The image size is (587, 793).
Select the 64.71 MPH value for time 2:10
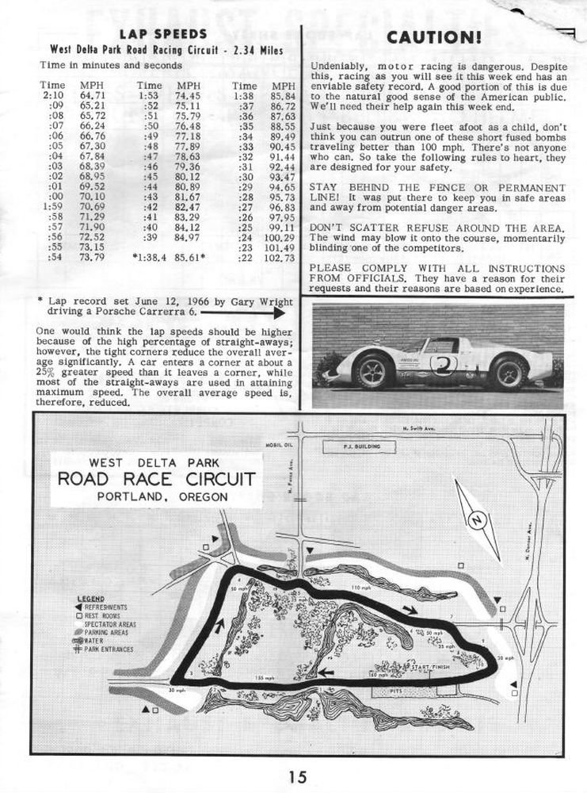[x=93, y=95]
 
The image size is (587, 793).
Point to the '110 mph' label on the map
[x=361, y=588]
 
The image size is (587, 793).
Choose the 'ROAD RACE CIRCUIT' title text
[x=155, y=480]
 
